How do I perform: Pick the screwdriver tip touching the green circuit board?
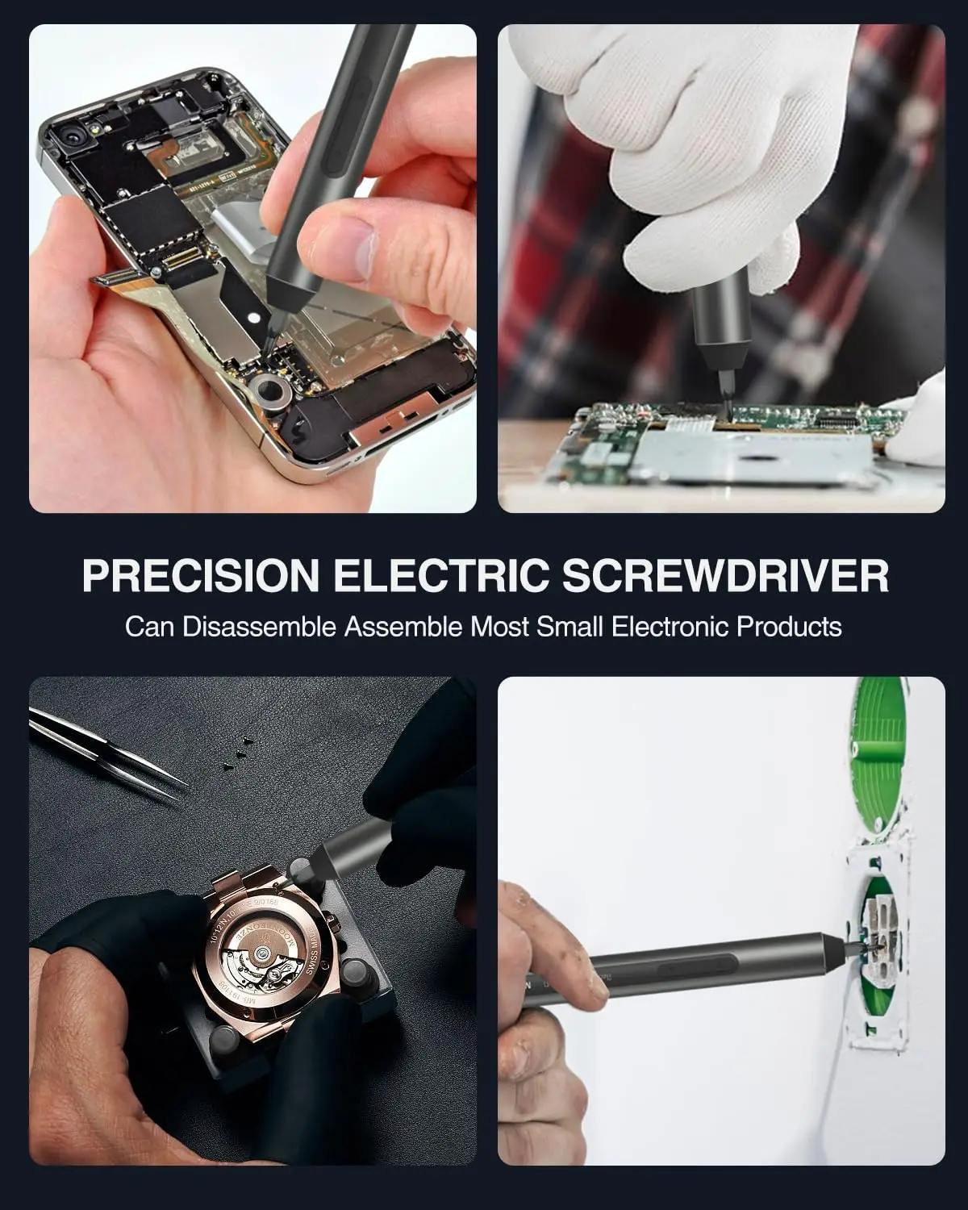point(728,406)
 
